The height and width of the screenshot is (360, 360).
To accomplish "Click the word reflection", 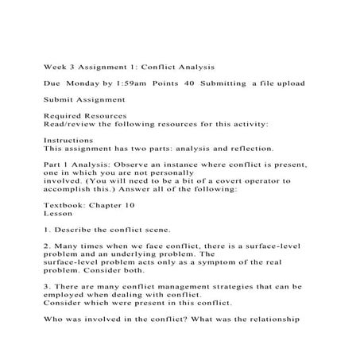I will pos(250,148).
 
